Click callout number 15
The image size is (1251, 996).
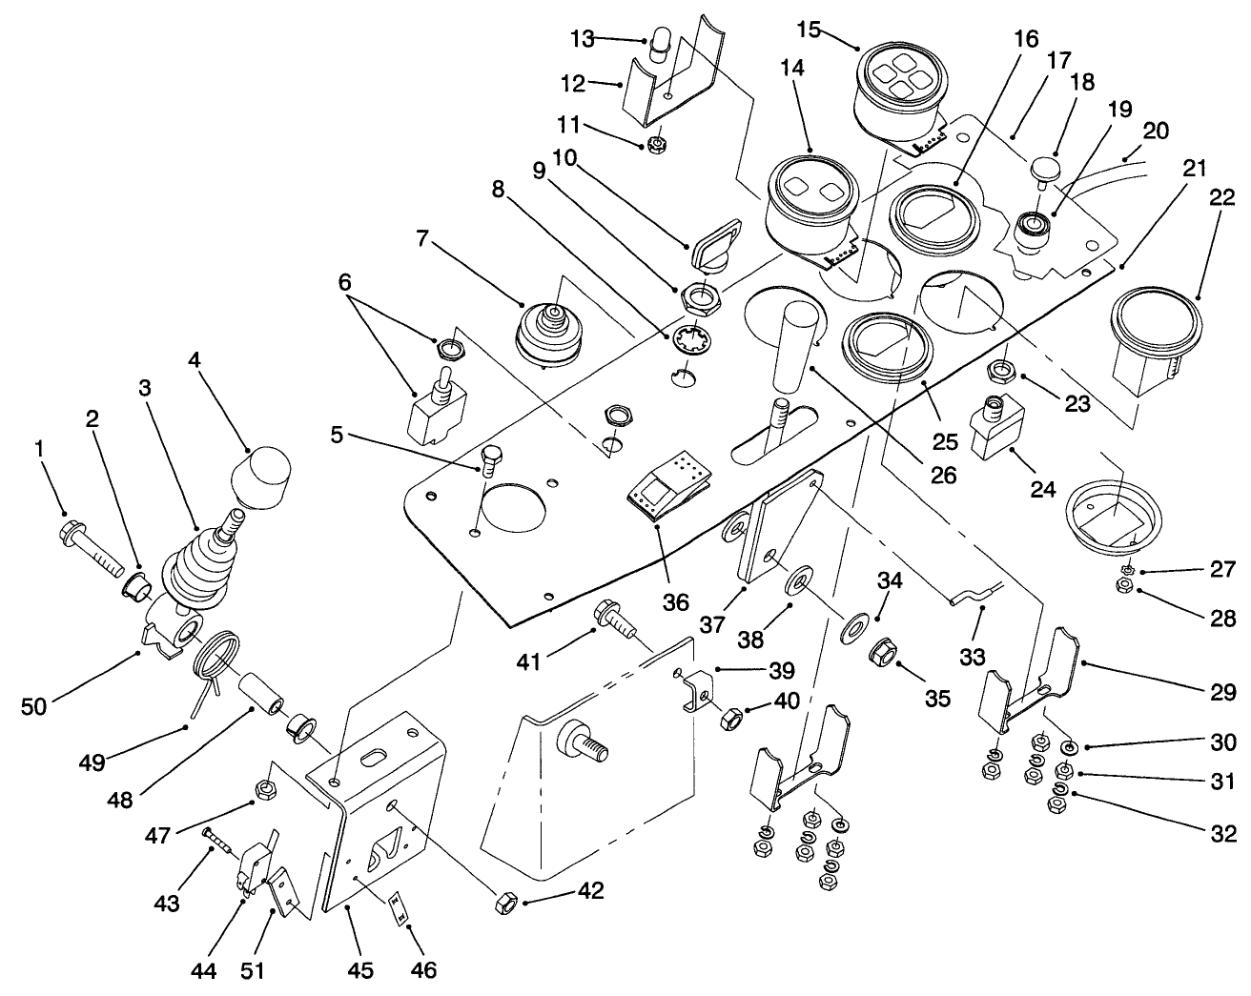pos(809,29)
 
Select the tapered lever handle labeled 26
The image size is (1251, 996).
pos(792,348)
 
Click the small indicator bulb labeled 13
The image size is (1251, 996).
pos(659,46)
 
